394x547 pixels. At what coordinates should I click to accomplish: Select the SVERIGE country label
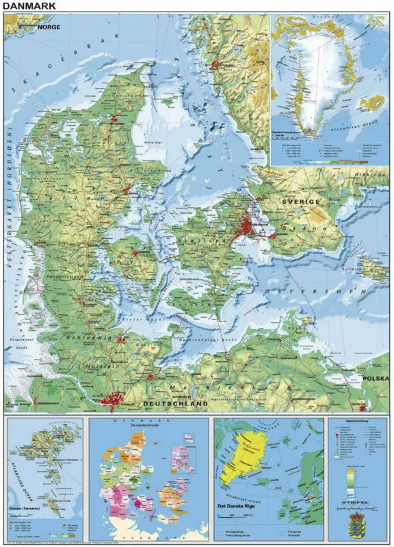point(300,202)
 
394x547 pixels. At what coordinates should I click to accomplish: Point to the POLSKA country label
point(375,378)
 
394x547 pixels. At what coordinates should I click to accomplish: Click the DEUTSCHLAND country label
point(174,404)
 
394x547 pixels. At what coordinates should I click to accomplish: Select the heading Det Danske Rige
point(239,507)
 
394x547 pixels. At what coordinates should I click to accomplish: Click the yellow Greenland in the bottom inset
point(242,455)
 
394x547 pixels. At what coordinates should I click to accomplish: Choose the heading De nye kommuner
point(149,427)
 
